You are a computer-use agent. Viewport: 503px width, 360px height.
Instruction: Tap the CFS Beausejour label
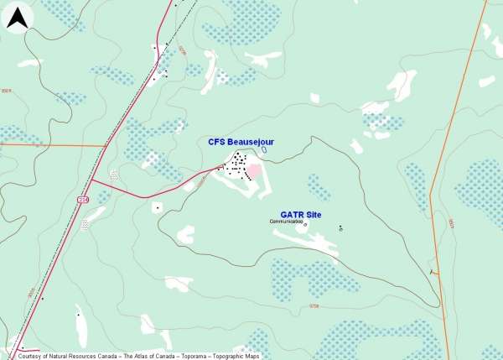pyautogui.click(x=241, y=142)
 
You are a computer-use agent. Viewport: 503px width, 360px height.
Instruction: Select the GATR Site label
pyautogui.click(x=299, y=214)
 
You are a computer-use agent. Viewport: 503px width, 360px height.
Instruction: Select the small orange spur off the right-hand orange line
pyautogui.click(x=433, y=271)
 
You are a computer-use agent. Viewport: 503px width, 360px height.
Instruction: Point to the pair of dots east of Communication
pyautogui.click(x=340, y=227)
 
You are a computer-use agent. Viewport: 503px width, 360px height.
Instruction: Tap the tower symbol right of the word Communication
pyautogui.click(x=305, y=224)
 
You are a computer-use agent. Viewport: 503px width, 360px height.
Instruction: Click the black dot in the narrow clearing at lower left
pyautogui.click(x=77, y=316)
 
